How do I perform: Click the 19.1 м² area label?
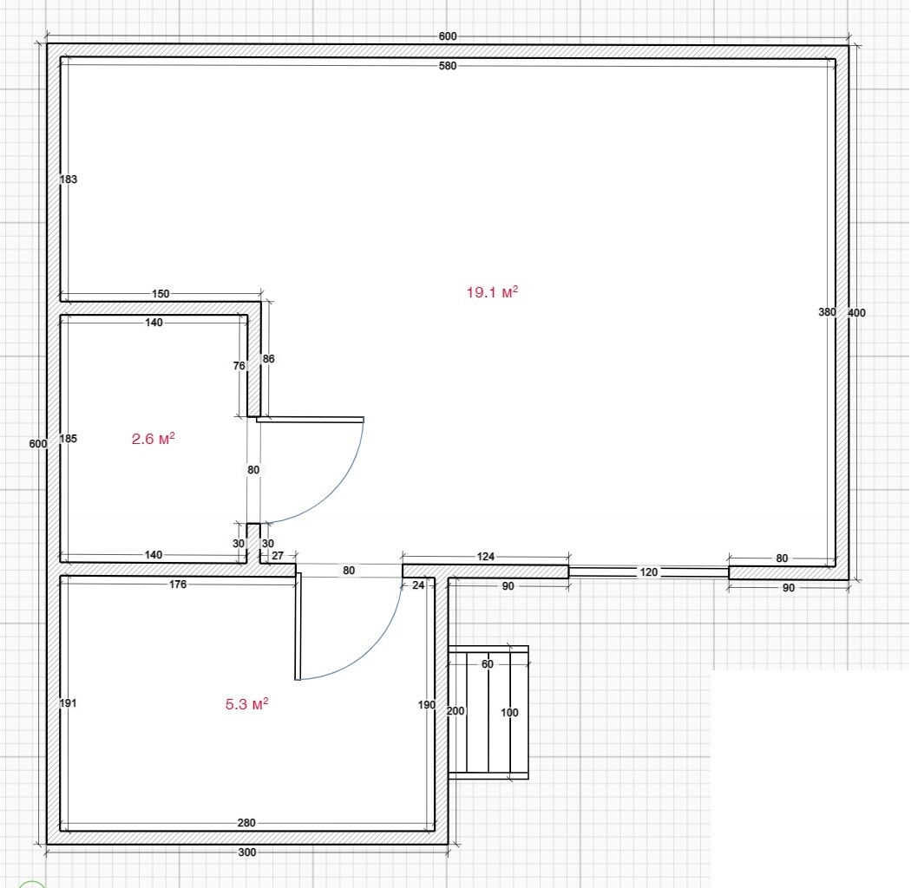tap(492, 291)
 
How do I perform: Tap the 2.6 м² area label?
tap(154, 438)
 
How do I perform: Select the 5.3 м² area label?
tap(247, 704)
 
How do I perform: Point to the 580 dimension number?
tap(448, 66)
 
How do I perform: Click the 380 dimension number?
tap(827, 312)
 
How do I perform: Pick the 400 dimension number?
tap(856, 312)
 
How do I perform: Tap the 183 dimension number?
tap(69, 179)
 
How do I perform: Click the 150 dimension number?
tap(161, 294)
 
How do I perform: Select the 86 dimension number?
tap(268, 359)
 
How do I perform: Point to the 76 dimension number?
tap(239, 366)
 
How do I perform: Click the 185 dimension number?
tap(69, 439)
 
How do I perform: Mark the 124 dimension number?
tap(486, 557)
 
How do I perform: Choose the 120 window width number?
tap(648, 572)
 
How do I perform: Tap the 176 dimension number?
tap(178, 584)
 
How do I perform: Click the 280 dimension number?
tap(246, 823)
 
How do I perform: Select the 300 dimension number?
tap(247, 852)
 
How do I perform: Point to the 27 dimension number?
tap(278, 556)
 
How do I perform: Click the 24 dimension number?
tap(418, 585)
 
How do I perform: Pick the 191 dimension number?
tap(69, 703)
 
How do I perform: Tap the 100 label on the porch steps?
tap(509, 713)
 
